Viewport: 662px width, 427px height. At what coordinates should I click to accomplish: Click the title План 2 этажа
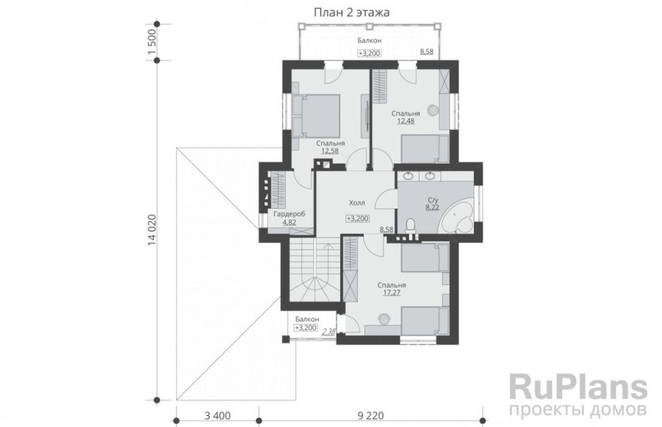351,13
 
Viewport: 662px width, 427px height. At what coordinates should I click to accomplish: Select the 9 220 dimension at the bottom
370,416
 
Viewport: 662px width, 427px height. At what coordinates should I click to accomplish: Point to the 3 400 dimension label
217,416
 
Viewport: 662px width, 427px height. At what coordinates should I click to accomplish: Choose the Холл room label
357,203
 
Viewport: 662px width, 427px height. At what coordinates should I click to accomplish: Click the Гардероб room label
289,214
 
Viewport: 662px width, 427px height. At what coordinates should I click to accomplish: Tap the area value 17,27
392,293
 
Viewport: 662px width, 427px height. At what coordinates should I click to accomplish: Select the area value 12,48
406,121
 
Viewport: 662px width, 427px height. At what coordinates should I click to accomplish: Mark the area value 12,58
330,151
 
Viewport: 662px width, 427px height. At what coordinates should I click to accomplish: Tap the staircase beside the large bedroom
314,269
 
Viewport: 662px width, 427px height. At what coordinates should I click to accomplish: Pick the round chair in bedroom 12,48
432,110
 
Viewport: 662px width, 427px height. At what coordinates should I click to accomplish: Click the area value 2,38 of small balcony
328,331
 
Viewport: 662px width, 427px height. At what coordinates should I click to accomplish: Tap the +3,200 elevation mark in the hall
358,218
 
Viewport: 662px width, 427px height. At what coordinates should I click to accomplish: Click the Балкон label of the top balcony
369,41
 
